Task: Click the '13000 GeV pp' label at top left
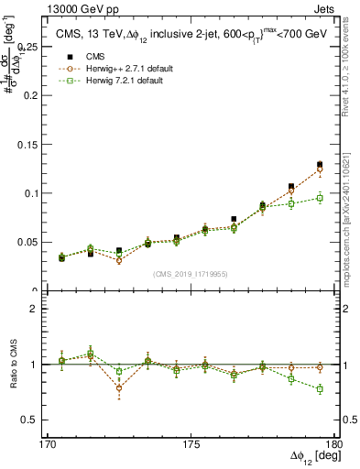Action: (x=77, y=8)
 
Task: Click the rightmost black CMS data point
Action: (x=320, y=165)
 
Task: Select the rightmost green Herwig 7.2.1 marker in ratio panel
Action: (x=320, y=389)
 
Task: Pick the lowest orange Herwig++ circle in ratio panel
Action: (x=119, y=388)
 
